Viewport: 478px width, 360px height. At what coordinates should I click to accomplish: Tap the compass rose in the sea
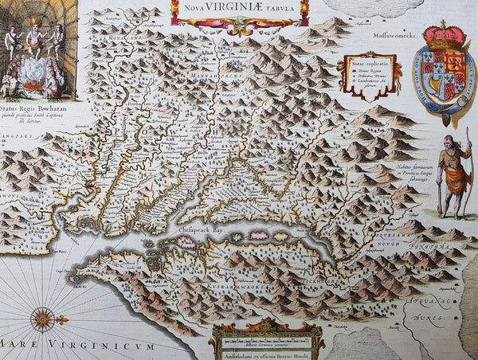[43, 319]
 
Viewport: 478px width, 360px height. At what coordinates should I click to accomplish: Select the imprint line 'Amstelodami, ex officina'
[267, 351]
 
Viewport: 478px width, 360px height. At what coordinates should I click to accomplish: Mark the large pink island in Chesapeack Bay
[259, 236]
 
